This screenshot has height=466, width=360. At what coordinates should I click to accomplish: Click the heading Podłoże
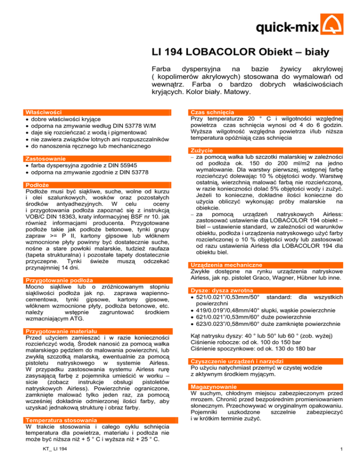pyautogui.click(x=37, y=185)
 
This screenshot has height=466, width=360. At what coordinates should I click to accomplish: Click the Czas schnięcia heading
pyautogui.click(x=210, y=113)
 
